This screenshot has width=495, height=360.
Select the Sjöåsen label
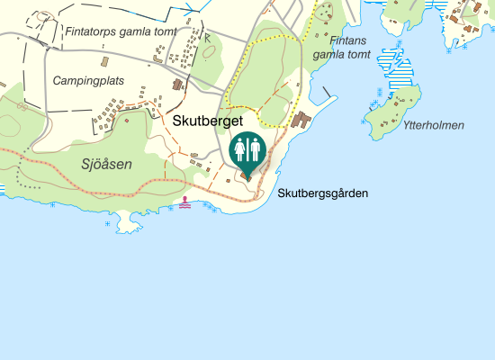(106, 164)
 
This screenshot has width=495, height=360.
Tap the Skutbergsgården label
(323, 193)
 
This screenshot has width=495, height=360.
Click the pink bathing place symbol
(185, 202)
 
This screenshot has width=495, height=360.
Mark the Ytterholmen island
(391, 112)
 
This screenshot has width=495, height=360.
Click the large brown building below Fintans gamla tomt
(301, 121)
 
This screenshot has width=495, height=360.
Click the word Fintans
(347, 40)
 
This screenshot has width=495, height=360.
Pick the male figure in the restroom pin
(254, 149)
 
